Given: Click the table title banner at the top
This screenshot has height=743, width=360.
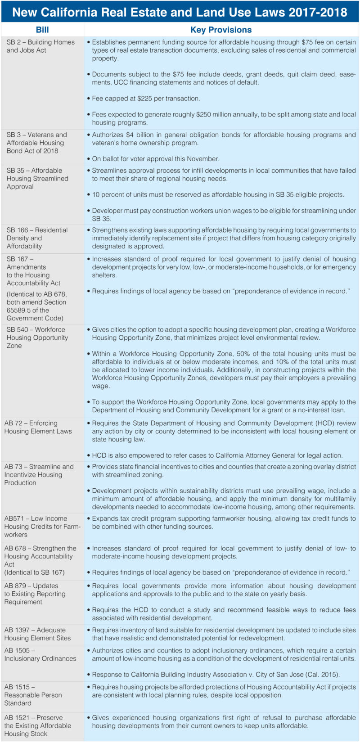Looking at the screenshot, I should coord(180,12).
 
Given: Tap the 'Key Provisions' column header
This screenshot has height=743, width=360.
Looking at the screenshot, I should coord(221,30).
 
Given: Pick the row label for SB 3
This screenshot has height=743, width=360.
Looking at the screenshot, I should coord(36,143).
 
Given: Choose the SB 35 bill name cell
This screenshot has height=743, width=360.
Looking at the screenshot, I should coord(37,178).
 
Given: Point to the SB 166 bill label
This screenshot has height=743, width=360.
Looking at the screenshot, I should coord(36,238).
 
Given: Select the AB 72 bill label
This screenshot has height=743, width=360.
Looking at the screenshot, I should coord(38,427).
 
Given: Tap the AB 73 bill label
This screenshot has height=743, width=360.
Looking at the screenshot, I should coord(39,474).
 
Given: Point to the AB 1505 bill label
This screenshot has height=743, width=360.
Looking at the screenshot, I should coord(40,654).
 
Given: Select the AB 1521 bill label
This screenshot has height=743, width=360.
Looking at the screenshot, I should coord(37,725).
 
